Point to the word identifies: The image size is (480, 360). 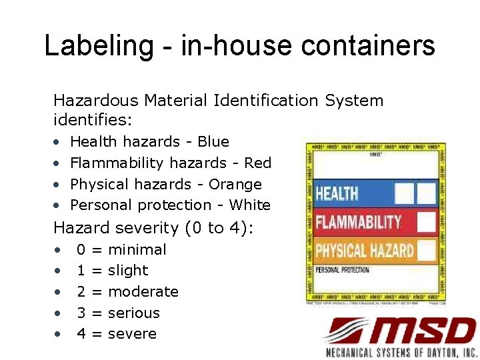point(93,121)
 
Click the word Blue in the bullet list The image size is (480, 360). point(213,141)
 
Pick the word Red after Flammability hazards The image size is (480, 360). point(258,163)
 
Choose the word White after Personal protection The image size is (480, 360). point(249,205)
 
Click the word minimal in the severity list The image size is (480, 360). point(137,249)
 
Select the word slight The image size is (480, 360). point(128,270)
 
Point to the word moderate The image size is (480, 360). point(143,291)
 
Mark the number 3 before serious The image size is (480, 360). point(81,313)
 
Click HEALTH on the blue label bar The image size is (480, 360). point(337,194)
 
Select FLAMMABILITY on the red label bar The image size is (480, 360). point(359,222)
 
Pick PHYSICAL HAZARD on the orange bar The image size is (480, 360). point(365,251)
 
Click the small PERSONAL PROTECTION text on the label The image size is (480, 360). point(342,270)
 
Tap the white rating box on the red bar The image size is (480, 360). point(426,222)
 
